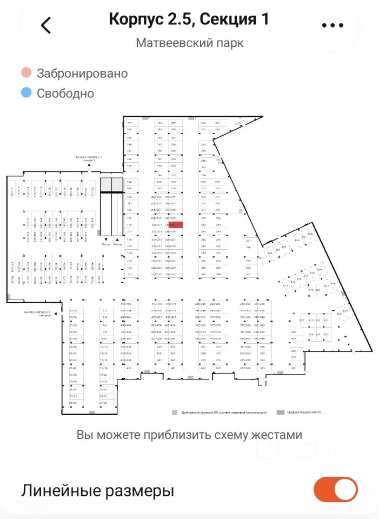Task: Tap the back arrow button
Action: pos(46,25)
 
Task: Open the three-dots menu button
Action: pos(332,25)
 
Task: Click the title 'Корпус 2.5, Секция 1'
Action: pos(189,19)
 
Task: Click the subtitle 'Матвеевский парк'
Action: pos(189,43)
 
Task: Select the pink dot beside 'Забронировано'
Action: pos(26,73)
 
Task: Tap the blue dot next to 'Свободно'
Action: pos(26,93)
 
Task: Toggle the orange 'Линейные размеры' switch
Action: pos(335,490)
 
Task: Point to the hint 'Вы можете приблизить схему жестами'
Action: pos(189,435)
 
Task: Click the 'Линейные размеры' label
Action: pos(97,491)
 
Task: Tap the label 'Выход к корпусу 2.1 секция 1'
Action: pos(85,158)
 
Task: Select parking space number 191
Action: pos(130,123)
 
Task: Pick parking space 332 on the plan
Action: pos(294,368)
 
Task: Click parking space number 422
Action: pos(130,368)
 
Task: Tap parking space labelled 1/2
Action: pos(105,310)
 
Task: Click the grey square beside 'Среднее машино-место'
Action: pos(280,412)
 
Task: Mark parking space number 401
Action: pos(173,368)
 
